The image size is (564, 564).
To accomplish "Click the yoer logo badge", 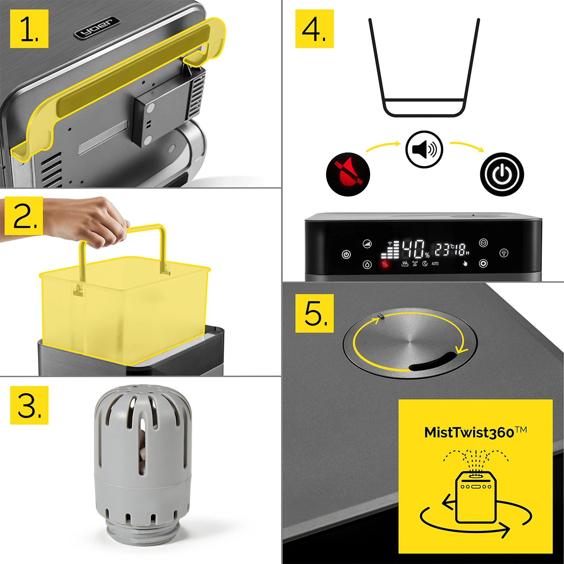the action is point(97,28).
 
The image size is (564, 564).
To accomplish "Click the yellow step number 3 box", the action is point(29,405).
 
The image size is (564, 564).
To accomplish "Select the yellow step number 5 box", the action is point(314,313).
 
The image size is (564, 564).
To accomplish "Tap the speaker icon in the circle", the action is point(424,149).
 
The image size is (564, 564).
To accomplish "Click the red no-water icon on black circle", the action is point(348,174).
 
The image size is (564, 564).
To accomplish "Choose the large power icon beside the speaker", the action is point(502,174).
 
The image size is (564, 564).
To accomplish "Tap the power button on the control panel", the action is point(346,254).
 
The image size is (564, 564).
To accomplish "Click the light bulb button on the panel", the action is point(504,253).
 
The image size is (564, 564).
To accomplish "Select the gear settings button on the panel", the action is point(483,263).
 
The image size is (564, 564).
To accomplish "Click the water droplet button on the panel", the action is point(367,264).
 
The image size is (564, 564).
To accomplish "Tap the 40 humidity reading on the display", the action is point(413,249).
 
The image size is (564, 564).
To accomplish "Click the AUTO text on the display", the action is point(435,263).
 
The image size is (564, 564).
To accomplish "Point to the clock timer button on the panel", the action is point(483,243).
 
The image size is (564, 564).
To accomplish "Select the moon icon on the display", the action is point(425,263).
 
